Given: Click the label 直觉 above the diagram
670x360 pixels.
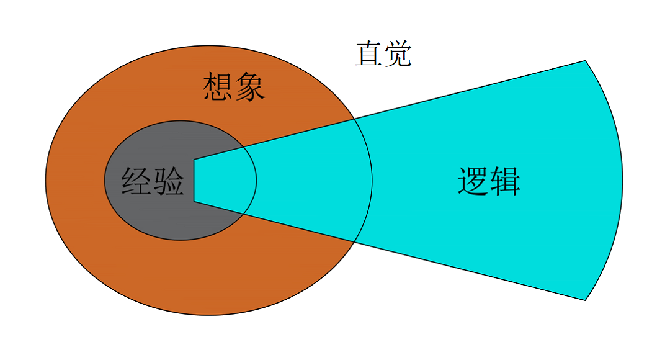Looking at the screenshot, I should [383, 54].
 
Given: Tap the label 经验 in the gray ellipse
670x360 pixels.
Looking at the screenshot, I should [153, 182].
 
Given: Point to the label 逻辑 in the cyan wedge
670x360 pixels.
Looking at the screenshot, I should [489, 182].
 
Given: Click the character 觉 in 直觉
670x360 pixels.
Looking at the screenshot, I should [398, 54].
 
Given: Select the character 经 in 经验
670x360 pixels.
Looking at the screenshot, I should [136, 182].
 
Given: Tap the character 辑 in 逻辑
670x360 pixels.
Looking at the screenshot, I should [505, 182].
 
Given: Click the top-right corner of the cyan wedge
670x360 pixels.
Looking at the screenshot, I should [585, 61].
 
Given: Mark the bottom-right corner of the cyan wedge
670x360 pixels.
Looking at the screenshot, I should [585, 300].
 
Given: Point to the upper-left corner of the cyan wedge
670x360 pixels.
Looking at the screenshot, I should [194, 160].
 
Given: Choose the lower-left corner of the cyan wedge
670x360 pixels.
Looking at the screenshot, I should [194, 202].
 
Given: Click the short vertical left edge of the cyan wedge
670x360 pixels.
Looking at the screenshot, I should [194, 181].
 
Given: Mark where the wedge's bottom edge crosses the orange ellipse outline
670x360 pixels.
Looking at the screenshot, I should [354, 241].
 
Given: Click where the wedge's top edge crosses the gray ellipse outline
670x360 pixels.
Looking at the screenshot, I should [243, 148].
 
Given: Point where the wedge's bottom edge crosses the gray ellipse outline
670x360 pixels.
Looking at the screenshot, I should [243, 214].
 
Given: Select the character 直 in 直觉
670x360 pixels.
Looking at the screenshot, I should [368, 54].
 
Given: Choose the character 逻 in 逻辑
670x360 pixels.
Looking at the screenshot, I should [473, 182].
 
